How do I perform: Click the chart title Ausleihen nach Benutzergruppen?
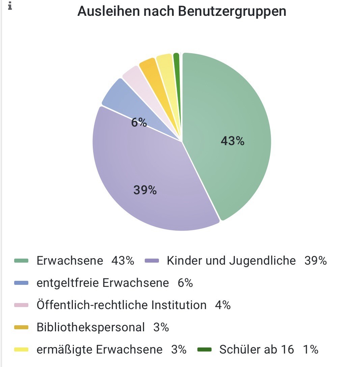coord(182,11)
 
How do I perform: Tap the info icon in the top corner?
coord(10,6)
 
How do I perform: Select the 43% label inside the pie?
coord(232,141)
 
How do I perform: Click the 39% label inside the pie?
coord(145,190)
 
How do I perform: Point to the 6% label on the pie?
coord(139,123)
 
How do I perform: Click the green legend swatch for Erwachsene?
coord(22,261)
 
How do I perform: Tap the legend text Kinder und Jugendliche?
coord(231,261)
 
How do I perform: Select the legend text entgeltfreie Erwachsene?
coord(103,283)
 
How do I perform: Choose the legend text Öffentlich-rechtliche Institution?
coord(121,305)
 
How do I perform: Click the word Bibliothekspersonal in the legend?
coord(90,327)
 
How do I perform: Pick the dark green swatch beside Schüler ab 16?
coord(204,349)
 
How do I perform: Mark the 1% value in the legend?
coord(310,349)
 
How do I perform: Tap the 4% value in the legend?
coord(223,305)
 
